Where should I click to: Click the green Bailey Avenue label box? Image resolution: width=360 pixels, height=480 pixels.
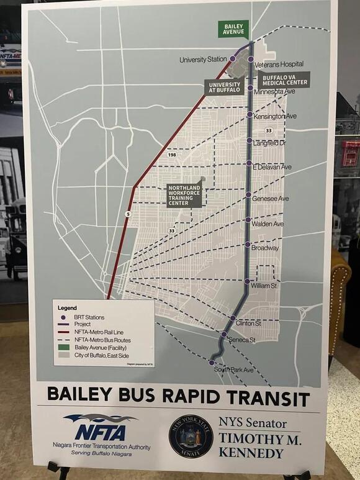233,29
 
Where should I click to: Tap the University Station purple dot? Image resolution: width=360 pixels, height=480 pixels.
233,58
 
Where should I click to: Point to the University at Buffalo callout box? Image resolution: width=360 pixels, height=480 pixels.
224,88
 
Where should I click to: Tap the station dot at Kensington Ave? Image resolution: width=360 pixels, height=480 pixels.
250,115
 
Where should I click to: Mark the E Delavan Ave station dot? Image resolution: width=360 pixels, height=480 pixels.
249,166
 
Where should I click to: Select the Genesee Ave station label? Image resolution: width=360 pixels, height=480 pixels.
271,199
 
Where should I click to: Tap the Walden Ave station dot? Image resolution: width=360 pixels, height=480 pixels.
248,220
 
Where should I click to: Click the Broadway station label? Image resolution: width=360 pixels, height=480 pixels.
266,248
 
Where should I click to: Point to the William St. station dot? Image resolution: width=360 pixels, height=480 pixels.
247,281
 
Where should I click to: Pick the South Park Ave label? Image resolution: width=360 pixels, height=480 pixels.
235,370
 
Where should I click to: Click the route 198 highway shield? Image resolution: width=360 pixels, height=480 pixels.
171,154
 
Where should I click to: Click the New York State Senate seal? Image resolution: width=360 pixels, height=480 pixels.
191,437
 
